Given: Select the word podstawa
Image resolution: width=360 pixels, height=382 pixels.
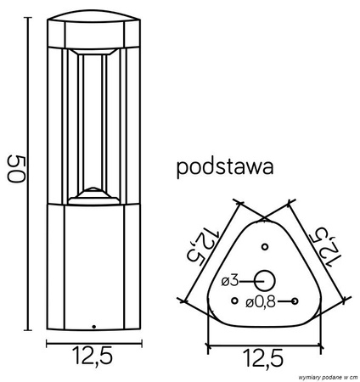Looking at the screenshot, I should click(224, 166).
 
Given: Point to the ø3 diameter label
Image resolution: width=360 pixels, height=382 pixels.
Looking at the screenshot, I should click(229, 280).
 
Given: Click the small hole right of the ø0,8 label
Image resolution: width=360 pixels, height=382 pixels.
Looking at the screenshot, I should click(294, 301).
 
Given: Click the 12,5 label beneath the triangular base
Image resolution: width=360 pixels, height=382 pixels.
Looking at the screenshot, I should click(264, 359).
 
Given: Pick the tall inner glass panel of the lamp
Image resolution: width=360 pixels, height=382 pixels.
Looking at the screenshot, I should click(93, 123).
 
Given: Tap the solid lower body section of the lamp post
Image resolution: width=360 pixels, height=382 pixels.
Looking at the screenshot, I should click(93, 263).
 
